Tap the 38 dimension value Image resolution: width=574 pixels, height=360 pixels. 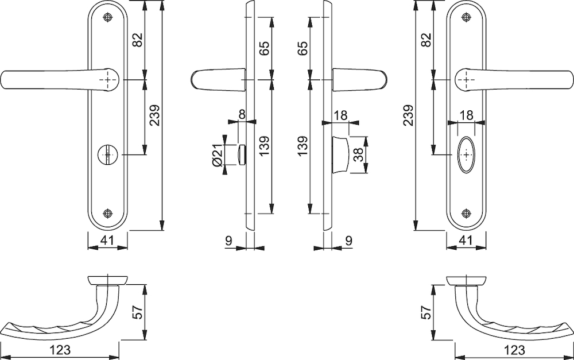[x=358, y=154]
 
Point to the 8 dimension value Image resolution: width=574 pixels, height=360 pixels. [x=242, y=114]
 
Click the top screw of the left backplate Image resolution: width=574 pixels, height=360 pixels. [x=107, y=17]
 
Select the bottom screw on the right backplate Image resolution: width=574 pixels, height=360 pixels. [x=466, y=213]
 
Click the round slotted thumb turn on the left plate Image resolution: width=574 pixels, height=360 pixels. [x=107, y=154]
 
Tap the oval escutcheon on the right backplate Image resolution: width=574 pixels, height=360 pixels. [x=466, y=154]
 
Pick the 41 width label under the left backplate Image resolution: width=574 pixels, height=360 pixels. [x=107, y=241]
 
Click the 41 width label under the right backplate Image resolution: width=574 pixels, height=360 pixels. [x=466, y=241]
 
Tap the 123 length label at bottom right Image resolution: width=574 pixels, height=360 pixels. [x=514, y=350]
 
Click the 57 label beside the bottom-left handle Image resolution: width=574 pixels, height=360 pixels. [x=137, y=312]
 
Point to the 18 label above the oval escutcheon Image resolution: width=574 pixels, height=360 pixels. [x=466, y=115]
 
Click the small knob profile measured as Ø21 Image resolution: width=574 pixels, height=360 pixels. [x=242, y=154]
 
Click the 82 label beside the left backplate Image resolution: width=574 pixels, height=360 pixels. [x=137, y=40]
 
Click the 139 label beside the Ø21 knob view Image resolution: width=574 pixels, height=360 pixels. [x=264, y=146]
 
